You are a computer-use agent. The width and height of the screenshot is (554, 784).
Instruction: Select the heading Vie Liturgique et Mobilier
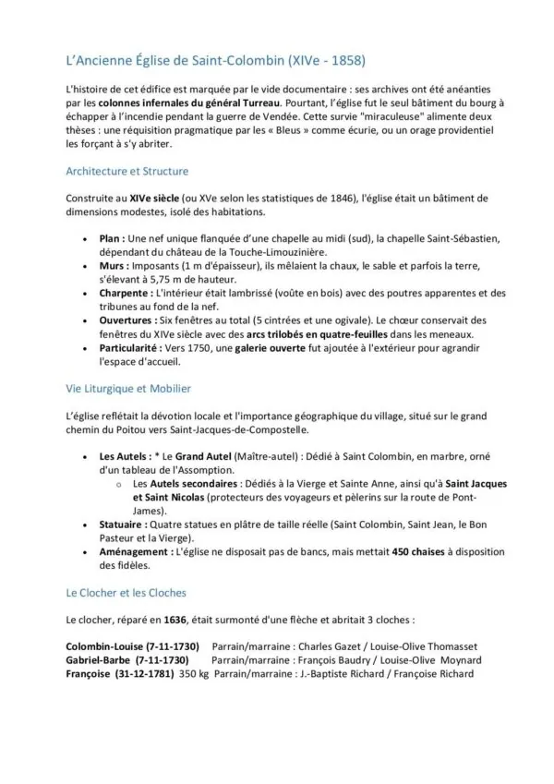[128, 389]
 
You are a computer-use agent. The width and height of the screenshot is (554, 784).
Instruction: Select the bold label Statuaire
[124, 524]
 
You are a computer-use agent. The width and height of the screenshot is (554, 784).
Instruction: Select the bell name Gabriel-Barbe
[97, 660]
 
